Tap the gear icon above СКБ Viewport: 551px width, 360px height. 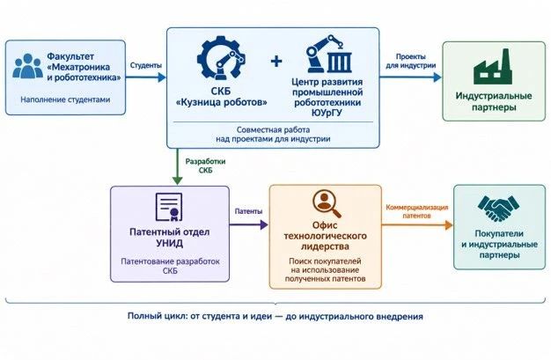pyautogui.click(x=221, y=58)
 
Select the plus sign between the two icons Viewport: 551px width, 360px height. pyautogui.click(x=276, y=61)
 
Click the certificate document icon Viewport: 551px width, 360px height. pyautogui.click(x=169, y=207)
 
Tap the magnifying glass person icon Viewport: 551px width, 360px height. pyautogui.click(x=327, y=203)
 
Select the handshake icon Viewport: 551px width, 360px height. pyautogui.click(x=498, y=209)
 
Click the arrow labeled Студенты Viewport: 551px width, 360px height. pyautogui.click(x=145, y=77)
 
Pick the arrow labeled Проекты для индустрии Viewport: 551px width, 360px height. pyautogui.click(x=410, y=77)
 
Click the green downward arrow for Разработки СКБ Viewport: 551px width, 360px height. pyautogui.click(x=178, y=166)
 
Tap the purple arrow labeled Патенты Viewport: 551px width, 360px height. pyautogui.click(x=249, y=224)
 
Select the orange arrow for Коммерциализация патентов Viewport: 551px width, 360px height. pyautogui.click(x=417, y=225)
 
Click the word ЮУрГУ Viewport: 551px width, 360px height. pyautogui.click(x=327, y=113)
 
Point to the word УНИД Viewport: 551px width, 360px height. pyautogui.click(x=169, y=243)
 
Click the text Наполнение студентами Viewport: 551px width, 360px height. pyautogui.click(x=65, y=99)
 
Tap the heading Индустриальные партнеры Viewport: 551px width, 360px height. pyautogui.click(x=494, y=101)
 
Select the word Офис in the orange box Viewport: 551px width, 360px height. pyautogui.click(x=325, y=225)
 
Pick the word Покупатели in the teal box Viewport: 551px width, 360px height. pyautogui.click(x=499, y=234)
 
